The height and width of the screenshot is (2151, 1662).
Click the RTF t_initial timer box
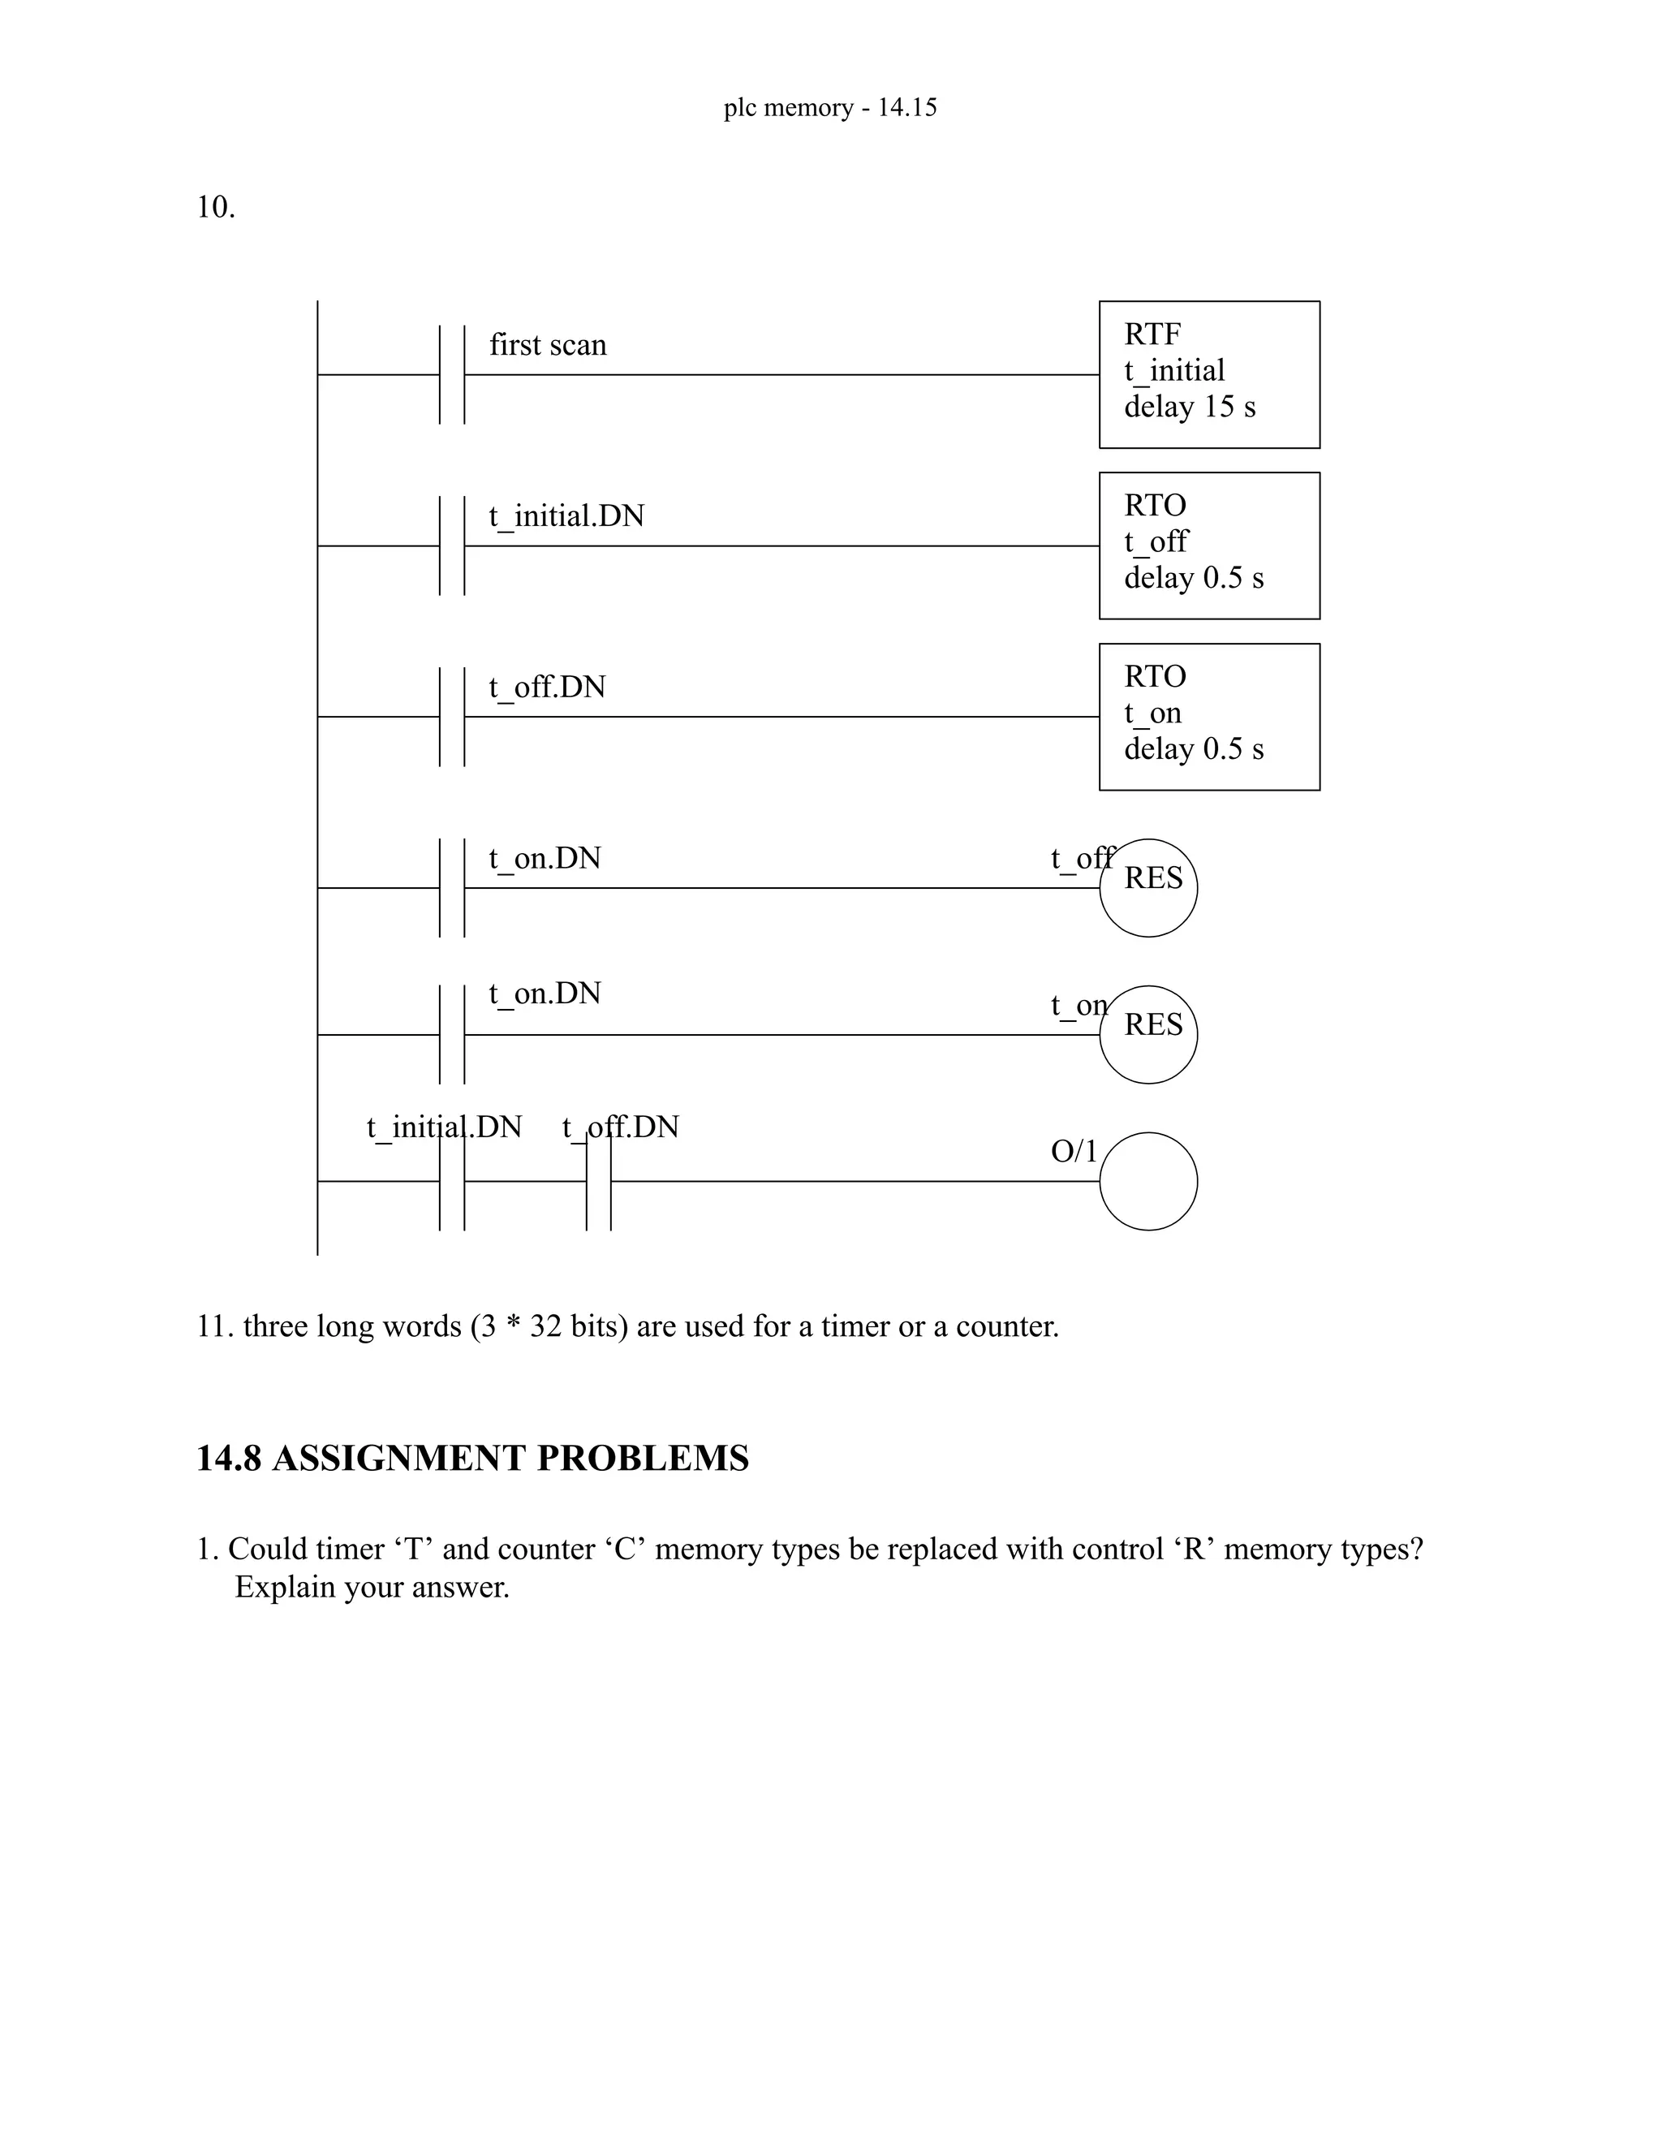pyautogui.click(x=1209, y=374)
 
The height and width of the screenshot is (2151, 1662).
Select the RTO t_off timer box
pyautogui.click(x=1209, y=545)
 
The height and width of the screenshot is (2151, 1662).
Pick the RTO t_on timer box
pyautogui.click(x=1209, y=717)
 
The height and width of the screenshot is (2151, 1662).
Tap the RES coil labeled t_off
pyautogui.click(x=1148, y=887)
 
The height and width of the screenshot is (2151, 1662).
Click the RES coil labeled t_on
pyautogui.click(x=1148, y=1034)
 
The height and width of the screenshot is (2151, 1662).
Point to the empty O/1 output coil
pyautogui.click(x=1148, y=1181)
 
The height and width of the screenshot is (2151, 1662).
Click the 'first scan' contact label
pyautogui.click(x=548, y=345)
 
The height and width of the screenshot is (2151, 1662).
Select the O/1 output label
pyautogui.click(x=1073, y=1150)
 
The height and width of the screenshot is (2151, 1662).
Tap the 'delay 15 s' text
pyautogui.click(x=1190, y=407)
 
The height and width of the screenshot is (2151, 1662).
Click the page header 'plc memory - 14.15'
pyautogui.click(x=830, y=107)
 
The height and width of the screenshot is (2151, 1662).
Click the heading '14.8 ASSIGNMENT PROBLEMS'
pyautogui.click(x=472, y=1459)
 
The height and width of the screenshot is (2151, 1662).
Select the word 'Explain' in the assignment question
pyautogui.click(x=285, y=1588)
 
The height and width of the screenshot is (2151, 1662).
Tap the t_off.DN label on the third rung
pyautogui.click(x=548, y=688)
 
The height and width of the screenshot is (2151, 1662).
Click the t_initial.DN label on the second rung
pyautogui.click(x=566, y=516)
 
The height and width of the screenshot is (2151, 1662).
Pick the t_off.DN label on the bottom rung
pyautogui.click(x=620, y=1127)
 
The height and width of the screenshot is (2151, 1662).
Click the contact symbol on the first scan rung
pyautogui.click(x=452, y=374)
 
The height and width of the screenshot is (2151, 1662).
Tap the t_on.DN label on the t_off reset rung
pyautogui.click(x=545, y=859)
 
